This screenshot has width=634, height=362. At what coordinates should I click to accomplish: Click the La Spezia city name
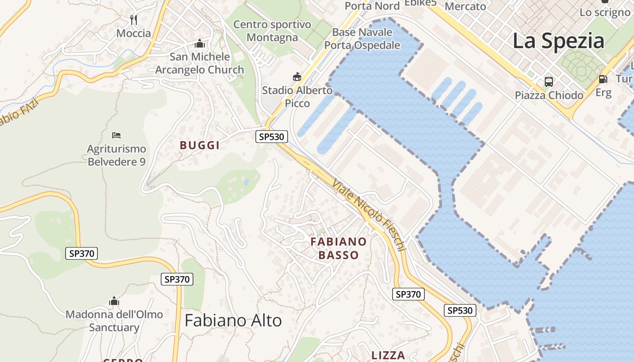click(558, 41)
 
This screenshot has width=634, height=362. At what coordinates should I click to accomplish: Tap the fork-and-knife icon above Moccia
click(134, 19)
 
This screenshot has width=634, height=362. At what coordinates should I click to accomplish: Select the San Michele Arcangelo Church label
click(200, 63)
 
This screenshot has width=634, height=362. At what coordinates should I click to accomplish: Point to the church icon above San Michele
click(199, 44)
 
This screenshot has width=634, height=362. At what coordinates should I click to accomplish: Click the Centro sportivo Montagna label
click(272, 31)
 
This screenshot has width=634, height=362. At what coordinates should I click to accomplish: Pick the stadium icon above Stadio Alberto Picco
click(297, 77)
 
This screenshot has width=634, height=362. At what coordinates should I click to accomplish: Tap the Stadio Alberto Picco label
click(297, 97)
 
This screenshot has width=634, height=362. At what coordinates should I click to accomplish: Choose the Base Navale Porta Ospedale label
click(362, 38)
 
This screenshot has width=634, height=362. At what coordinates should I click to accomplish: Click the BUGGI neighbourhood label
click(200, 145)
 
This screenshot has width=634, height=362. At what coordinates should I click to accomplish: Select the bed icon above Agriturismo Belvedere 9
click(116, 135)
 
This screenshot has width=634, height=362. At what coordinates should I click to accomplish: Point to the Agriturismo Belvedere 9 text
click(116, 155)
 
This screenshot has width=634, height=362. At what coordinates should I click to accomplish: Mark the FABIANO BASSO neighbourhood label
click(338, 248)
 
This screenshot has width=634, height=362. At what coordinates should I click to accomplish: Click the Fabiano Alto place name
click(233, 320)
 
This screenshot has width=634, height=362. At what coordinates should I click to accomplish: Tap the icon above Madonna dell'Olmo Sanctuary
click(114, 301)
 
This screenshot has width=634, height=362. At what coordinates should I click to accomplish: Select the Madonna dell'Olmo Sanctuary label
click(114, 320)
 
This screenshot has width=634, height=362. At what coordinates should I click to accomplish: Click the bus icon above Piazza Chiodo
click(549, 82)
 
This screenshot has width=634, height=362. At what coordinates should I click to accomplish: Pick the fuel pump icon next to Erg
click(603, 79)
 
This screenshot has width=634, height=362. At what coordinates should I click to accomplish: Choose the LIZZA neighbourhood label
click(388, 355)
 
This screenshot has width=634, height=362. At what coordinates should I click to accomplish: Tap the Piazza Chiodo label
click(549, 95)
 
